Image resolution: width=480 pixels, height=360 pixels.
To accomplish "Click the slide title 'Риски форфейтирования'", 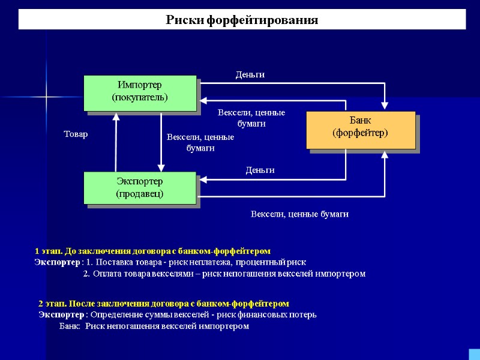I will pos(242,20).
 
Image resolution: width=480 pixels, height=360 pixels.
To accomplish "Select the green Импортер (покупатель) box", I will pos(140,91).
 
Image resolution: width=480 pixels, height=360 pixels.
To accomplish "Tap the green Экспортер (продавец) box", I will pos(140,187).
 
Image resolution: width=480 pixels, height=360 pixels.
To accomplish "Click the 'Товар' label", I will pos(76,134).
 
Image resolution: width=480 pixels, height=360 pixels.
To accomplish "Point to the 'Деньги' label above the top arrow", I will pos(250,74).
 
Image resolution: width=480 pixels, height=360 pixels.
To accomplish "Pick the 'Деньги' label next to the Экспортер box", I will pos(260,170).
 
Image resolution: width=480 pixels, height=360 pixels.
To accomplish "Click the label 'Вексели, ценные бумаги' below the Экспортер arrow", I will pos(299,214).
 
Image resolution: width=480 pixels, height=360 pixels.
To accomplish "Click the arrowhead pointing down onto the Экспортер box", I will pos(161,167).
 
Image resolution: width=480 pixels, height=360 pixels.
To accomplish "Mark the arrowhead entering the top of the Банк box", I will pos(385,106).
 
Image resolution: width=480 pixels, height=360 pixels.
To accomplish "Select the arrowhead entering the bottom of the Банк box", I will pos(385,154).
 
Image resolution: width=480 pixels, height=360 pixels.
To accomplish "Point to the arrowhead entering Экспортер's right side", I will pos(202,179).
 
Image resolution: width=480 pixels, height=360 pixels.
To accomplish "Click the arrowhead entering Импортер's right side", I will pos(202,101).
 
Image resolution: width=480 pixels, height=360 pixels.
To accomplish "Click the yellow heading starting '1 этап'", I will pos(153,250).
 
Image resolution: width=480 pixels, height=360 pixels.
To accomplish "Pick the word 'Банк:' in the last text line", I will pos(70,326).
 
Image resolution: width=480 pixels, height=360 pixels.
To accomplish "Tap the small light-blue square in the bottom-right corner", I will pos(473,353).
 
